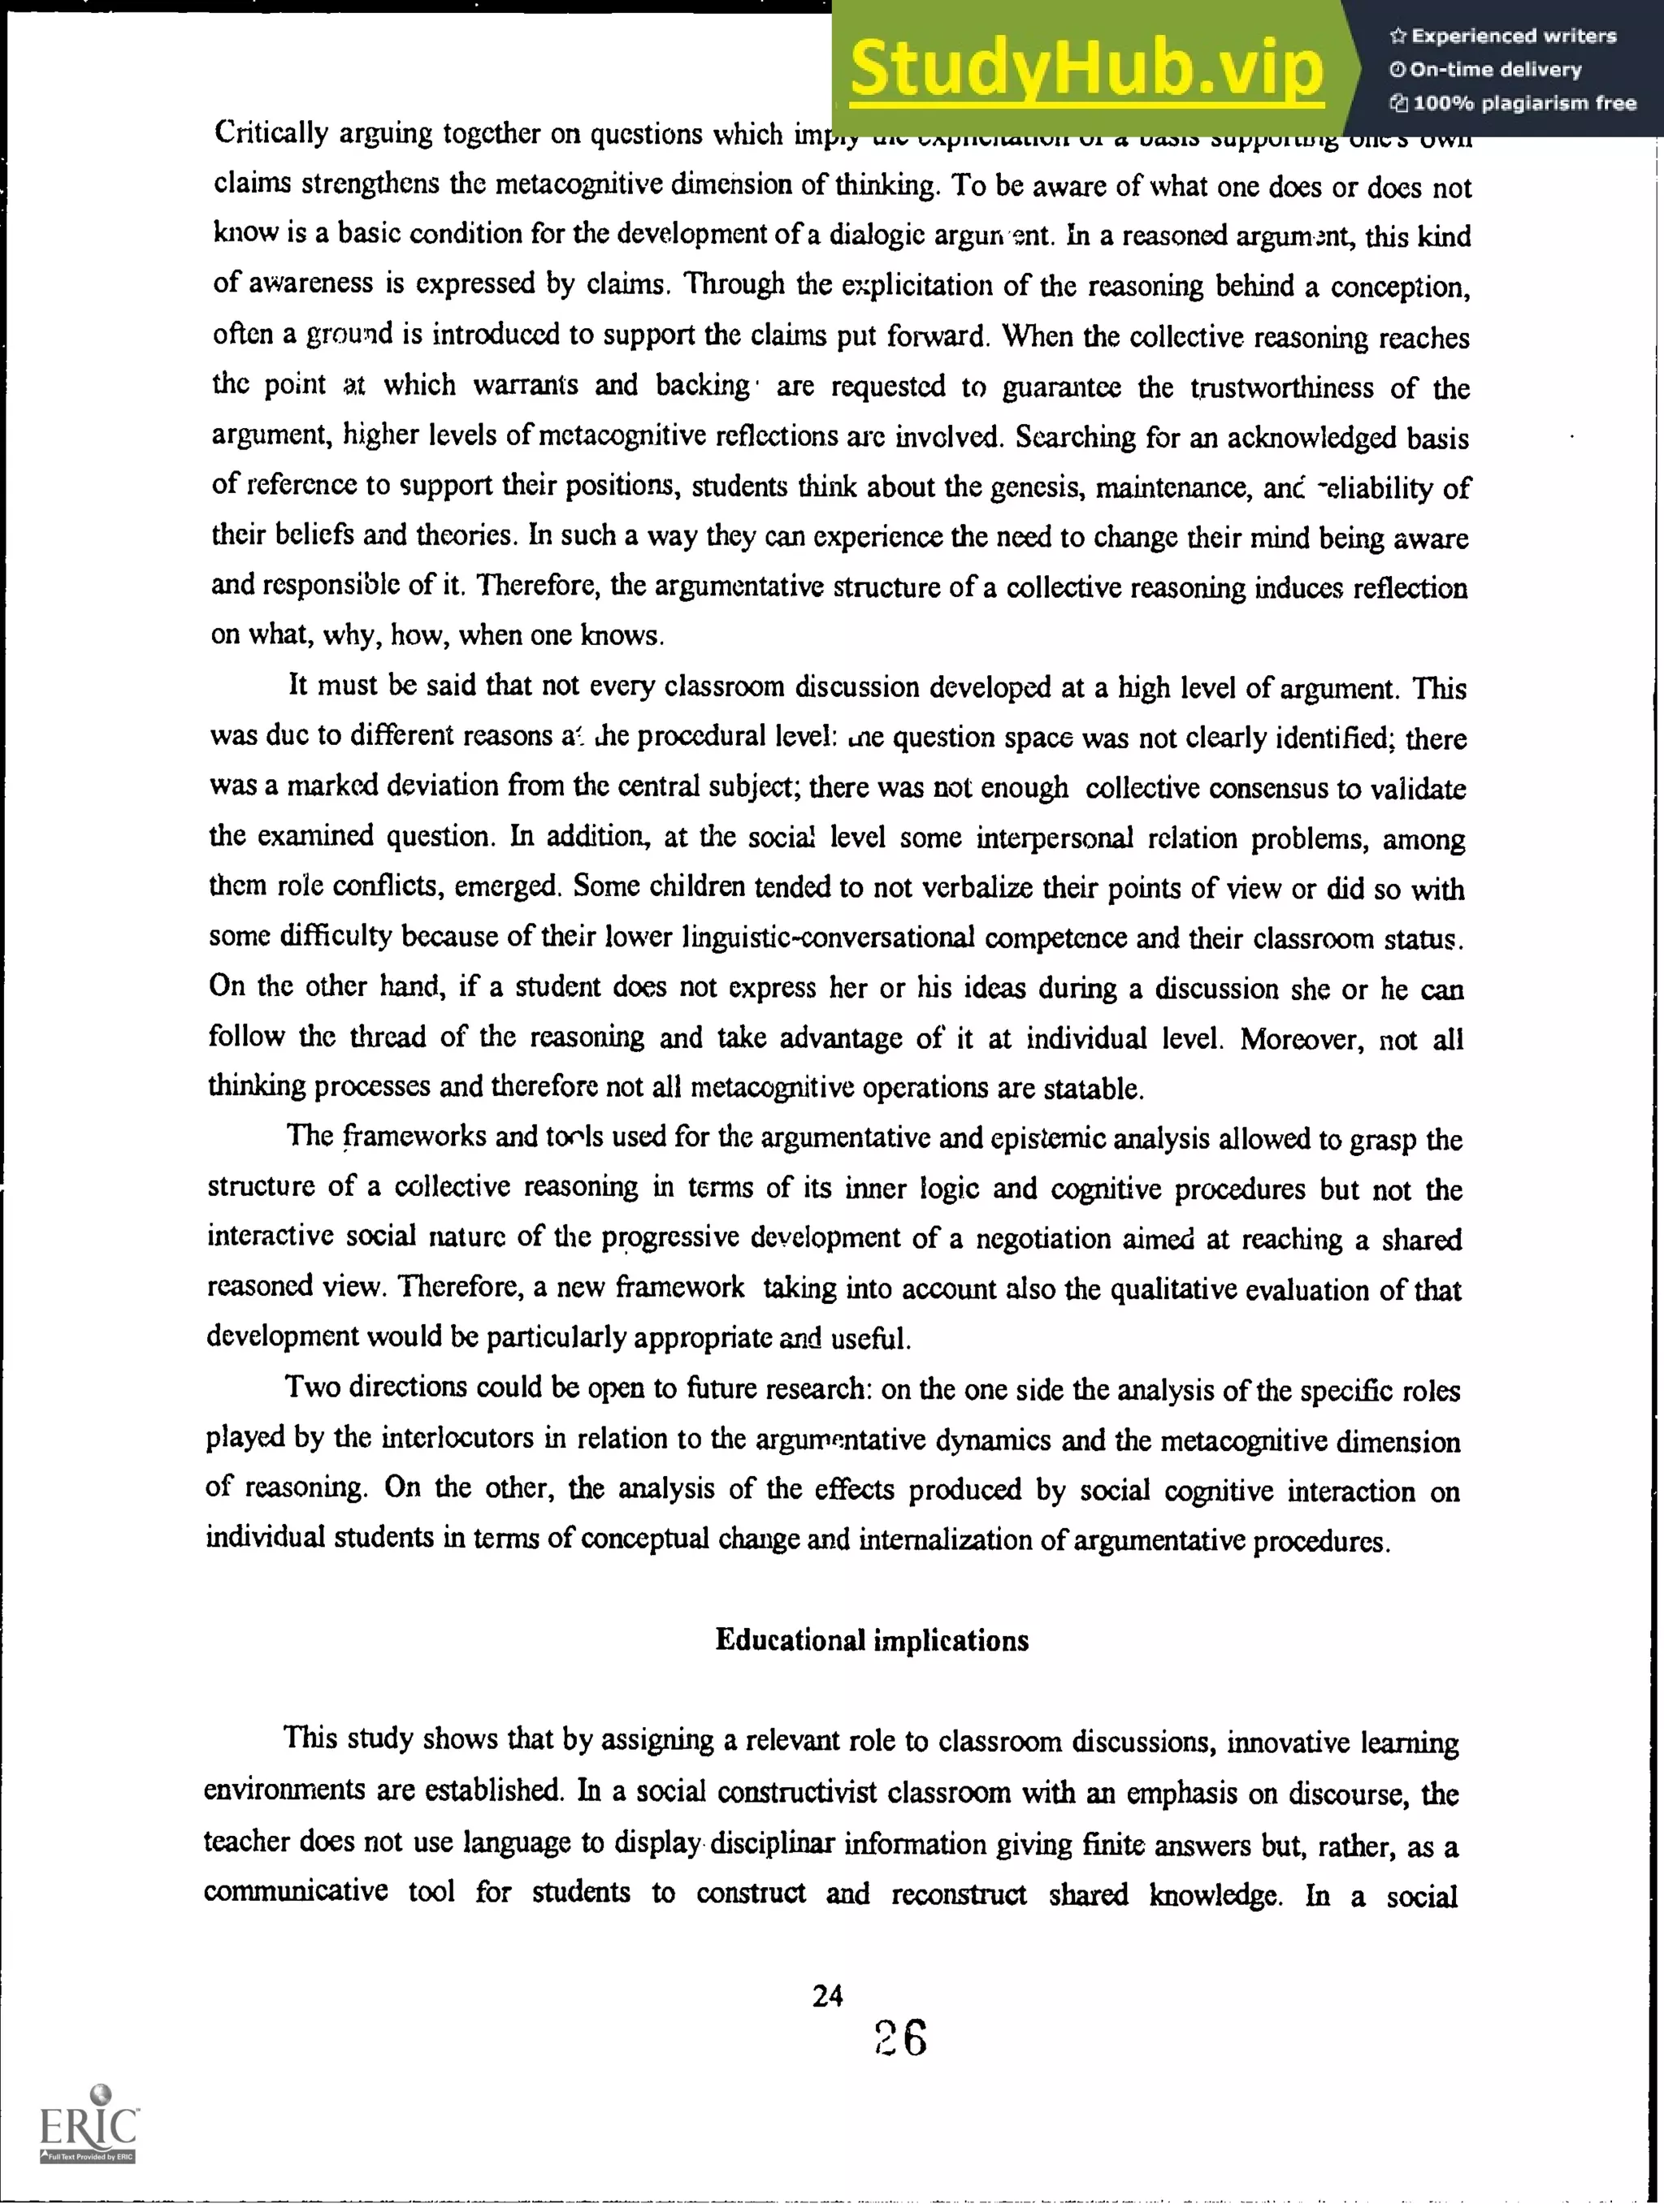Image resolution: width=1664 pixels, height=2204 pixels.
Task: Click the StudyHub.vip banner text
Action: pos(1086,67)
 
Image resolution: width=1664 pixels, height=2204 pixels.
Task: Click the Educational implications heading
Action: pos(872,1640)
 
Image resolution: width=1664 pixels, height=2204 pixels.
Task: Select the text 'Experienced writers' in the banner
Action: pos(1513,36)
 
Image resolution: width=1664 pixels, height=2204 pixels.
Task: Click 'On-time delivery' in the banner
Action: pos(1495,70)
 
